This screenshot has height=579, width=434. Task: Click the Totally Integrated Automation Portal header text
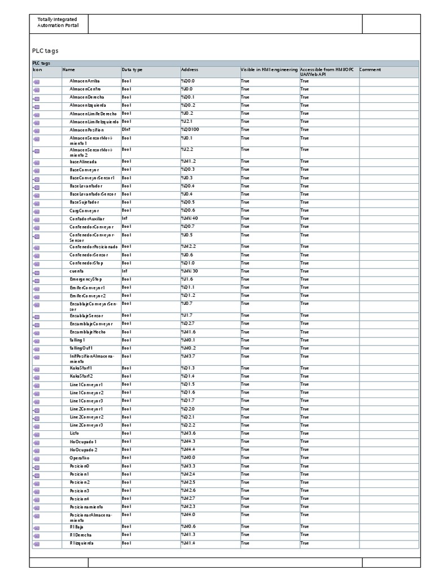(x=58, y=23)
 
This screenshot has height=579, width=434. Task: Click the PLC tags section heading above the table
(x=45, y=50)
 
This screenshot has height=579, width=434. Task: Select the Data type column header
(x=132, y=70)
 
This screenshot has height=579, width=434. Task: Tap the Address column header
(x=189, y=70)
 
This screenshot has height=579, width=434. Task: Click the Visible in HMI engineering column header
(x=269, y=70)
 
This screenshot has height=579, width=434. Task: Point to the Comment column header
(x=370, y=70)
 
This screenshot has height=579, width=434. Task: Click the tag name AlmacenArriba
(x=85, y=81)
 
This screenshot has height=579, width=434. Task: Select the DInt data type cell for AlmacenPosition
(x=127, y=129)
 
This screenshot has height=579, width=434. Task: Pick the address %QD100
(x=190, y=129)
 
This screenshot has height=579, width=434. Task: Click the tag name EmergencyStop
(x=86, y=279)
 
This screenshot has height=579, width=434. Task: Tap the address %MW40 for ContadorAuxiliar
(x=189, y=218)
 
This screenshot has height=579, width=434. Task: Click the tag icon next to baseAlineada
(x=36, y=162)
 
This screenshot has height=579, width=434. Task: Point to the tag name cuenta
(x=77, y=271)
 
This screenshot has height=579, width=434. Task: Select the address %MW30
(x=189, y=271)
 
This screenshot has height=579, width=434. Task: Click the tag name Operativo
(x=80, y=457)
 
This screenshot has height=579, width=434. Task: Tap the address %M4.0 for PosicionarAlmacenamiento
(x=188, y=515)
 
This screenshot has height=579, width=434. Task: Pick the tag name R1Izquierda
(x=82, y=543)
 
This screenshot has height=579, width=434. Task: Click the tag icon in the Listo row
(x=36, y=434)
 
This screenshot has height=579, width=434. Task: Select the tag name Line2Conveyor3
(x=86, y=425)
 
